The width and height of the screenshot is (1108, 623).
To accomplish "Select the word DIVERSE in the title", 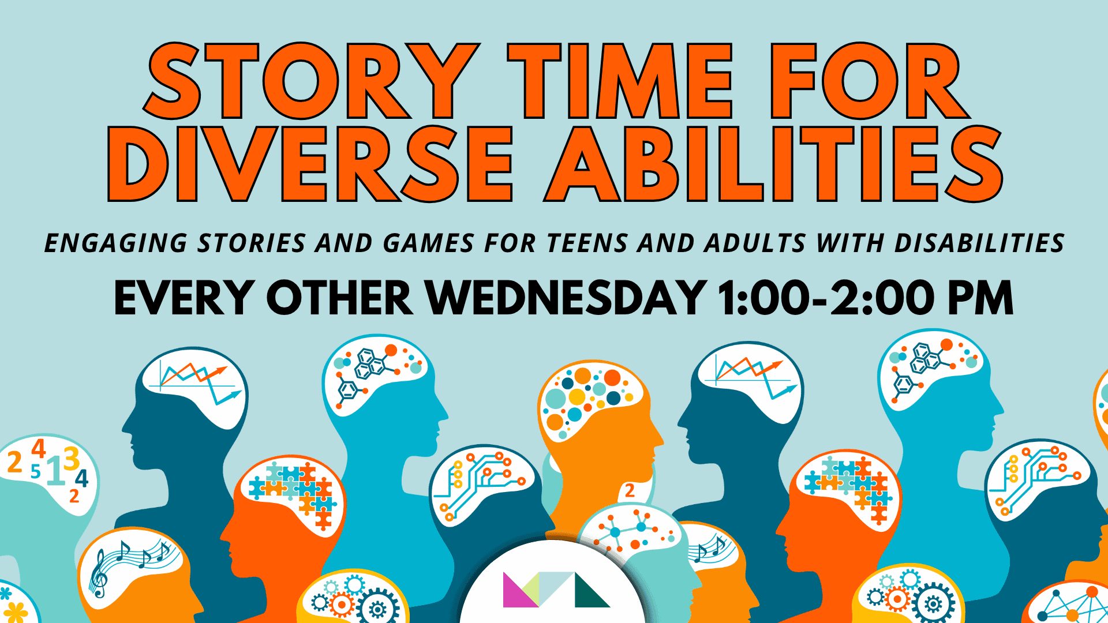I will (310, 164).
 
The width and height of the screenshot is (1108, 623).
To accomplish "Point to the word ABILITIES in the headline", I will (773, 164).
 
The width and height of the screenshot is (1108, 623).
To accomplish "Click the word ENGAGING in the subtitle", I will (115, 243).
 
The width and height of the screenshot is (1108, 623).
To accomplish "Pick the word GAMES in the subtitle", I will (429, 243).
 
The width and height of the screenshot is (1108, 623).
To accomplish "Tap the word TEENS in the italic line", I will (586, 243).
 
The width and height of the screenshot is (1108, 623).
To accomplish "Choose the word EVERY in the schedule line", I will (183, 298).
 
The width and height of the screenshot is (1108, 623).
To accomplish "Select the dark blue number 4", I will (82, 478).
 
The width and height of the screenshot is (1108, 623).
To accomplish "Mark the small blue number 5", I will (36, 472).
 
